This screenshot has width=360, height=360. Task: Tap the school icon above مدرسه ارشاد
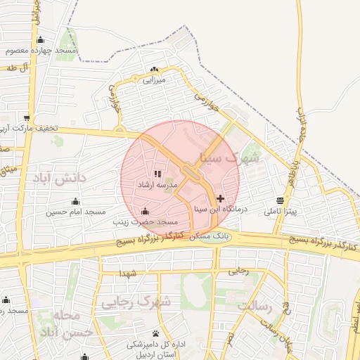click(x=157, y=174)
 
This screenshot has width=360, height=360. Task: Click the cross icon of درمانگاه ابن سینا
click(x=221, y=199)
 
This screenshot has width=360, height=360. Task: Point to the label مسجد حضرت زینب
click(x=146, y=221)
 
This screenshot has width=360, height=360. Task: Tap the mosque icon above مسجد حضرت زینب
click(x=146, y=211)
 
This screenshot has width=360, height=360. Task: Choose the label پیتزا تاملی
click(x=281, y=211)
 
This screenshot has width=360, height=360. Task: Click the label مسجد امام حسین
click(x=76, y=212)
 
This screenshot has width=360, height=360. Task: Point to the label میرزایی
click(x=153, y=80)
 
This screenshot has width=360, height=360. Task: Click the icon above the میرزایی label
click(x=154, y=70)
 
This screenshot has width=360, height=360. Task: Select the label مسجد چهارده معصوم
click(x=40, y=51)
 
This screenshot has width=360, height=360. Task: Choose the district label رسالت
click(x=255, y=306)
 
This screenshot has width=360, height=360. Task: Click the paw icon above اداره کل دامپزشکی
click(x=155, y=333)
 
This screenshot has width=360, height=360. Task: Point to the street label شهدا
click(x=127, y=273)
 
